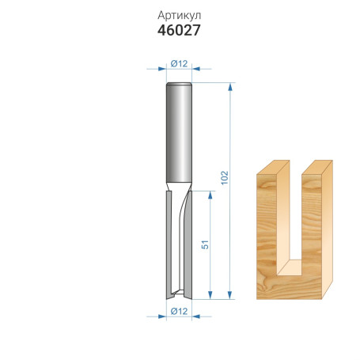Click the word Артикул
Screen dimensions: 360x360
[180, 16]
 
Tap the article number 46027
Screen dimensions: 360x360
[179, 30]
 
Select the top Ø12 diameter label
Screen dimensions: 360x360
[179, 63]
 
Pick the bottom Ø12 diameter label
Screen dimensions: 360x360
[179, 311]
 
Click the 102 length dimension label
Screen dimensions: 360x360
[225, 178]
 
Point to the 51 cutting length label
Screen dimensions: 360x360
[205, 244]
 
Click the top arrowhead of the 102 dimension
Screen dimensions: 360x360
[230, 87]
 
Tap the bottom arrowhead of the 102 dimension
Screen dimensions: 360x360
[230, 295]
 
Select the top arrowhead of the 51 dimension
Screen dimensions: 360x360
[210, 195]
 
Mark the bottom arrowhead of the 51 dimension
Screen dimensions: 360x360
[210, 295]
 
